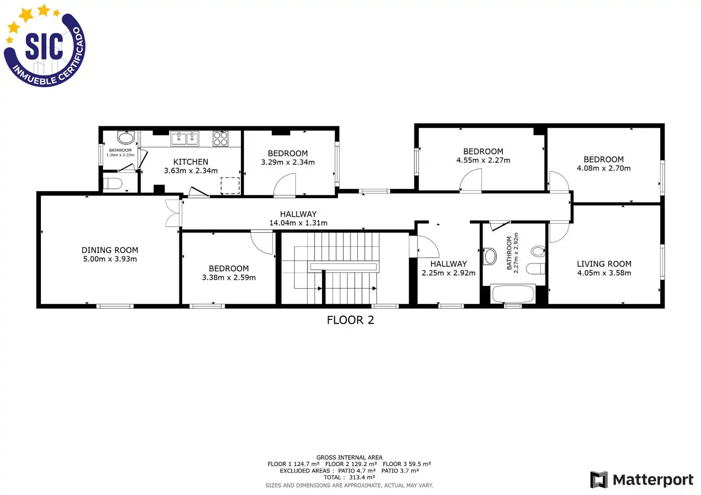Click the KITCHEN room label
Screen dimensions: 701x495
tap(190, 162)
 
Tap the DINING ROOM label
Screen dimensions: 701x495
tap(110, 250)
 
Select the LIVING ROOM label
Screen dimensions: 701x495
tap(604, 264)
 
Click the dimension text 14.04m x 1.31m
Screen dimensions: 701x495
tap(298, 223)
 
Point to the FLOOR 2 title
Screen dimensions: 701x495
tap(350, 320)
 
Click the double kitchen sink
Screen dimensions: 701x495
tap(184, 138)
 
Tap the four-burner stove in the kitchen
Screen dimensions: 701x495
tap(220, 138)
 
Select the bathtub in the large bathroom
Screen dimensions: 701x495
tap(513, 294)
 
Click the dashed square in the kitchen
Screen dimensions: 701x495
tap(230, 186)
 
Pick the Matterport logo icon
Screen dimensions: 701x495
tap(599, 479)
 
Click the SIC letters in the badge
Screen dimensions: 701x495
tap(44, 46)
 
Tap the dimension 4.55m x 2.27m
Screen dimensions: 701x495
tap(483, 160)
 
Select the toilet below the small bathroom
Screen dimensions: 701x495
tap(112, 183)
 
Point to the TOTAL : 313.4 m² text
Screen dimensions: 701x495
tap(349, 477)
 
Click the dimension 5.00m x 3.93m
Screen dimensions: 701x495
tap(110, 259)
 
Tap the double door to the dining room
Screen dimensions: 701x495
tap(173, 213)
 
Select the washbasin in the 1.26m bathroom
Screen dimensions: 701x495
tap(126, 137)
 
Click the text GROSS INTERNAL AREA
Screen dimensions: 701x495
tap(349, 457)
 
